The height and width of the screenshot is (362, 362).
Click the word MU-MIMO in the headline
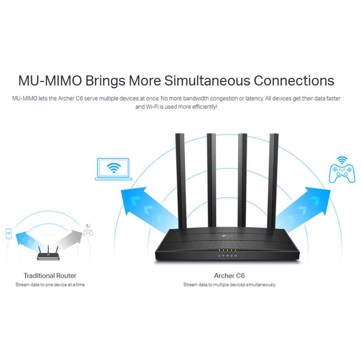49,81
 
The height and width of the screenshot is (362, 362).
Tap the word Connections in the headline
294,81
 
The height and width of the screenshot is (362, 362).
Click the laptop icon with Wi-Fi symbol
114,169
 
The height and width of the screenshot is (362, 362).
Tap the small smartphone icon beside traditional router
8,233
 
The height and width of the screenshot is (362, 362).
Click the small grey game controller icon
89,232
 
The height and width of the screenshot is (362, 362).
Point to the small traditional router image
48,254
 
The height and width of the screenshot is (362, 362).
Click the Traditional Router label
50,276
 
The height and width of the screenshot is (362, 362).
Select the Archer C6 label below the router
229,276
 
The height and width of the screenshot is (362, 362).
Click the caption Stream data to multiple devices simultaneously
229,285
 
